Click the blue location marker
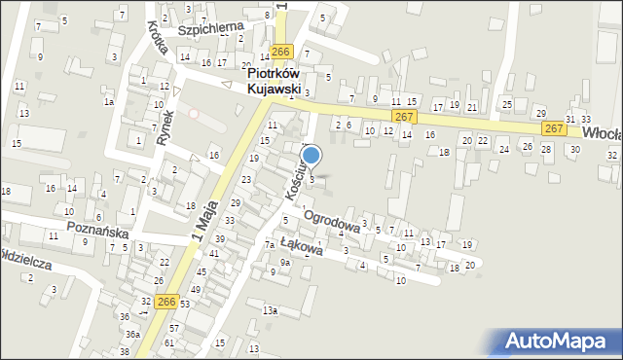(311, 155)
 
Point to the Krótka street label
(160, 42)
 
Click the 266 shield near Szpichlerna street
(281, 52)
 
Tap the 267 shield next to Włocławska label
(554, 128)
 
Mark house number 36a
(130, 334)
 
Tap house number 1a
(110, 101)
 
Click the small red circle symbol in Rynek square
(193, 114)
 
